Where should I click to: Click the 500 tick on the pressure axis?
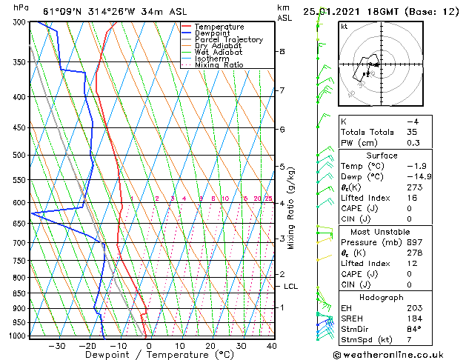point(20,156)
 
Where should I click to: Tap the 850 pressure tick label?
point(20,293)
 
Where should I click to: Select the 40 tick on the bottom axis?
point(272,346)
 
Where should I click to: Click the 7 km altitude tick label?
point(282,90)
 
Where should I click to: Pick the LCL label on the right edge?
point(291,286)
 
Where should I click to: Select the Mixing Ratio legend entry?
point(219,64)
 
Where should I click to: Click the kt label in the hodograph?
point(344,26)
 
